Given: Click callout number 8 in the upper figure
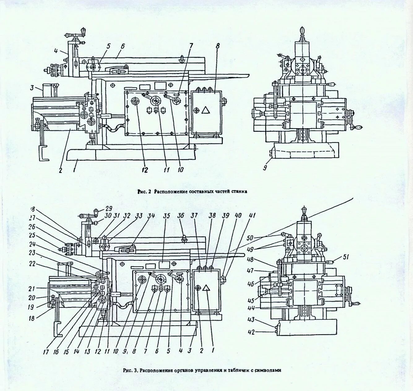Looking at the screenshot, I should (218, 46).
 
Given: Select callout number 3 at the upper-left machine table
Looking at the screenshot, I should (32, 88).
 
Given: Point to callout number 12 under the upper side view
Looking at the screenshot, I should (145, 170).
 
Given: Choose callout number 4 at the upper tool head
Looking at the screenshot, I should (56, 52).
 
